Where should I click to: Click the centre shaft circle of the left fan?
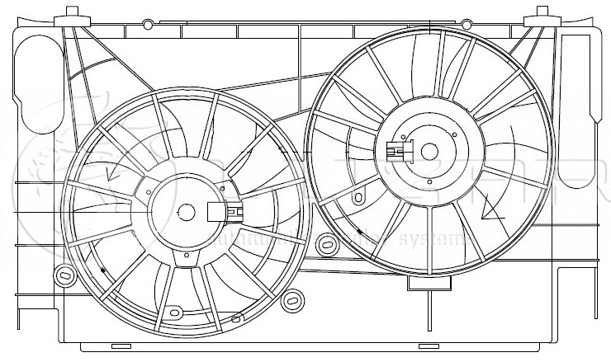click(187, 213)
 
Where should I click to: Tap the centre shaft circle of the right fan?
click(429, 151)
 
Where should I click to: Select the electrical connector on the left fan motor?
click(225, 213)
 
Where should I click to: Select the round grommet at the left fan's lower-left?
click(63, 274)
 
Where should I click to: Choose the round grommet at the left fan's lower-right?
click(291, 301)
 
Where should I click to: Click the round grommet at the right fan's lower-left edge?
click(327, 244)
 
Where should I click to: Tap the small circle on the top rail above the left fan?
click(148, 23)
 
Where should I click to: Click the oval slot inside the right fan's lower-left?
click(361, 199)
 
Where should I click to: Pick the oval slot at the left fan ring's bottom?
click(173, 313)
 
